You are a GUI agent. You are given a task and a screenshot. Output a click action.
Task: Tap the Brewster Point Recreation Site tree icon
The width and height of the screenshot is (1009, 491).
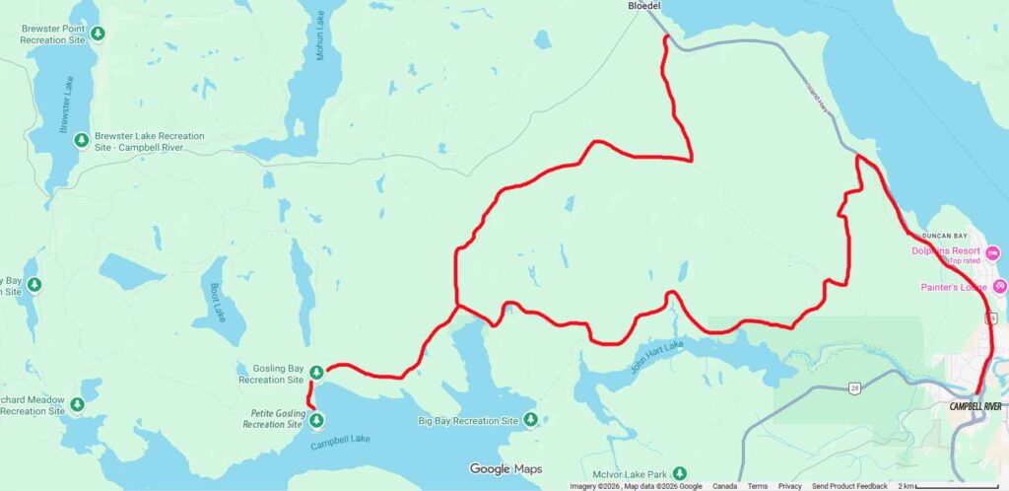click(98, 35)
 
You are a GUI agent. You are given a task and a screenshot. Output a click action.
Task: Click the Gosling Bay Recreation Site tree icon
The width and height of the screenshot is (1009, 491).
click(316, 373)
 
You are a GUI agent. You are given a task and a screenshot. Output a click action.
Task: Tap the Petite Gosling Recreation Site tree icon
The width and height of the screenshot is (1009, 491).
click(316, 421)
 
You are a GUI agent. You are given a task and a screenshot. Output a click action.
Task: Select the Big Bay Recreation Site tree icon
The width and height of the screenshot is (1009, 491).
click(530, 421)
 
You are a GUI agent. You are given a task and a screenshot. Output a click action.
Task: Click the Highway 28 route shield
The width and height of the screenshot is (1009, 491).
click(854, 388)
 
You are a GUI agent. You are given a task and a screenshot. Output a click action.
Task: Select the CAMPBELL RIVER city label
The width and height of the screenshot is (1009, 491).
click(975, 406)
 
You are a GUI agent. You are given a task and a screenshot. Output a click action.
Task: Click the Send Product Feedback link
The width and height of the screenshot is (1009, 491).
click(849, 486)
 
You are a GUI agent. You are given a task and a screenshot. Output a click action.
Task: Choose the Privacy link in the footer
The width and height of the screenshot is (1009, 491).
click(789, 486)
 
